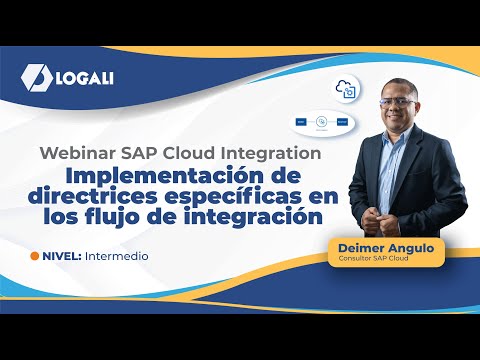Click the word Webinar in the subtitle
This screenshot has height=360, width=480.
(x=75, y=154)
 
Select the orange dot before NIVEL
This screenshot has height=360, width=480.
(x=35, y=256)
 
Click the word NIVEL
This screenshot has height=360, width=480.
(x=62, y=256)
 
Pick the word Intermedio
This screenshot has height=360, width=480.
(x=118, y=256)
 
